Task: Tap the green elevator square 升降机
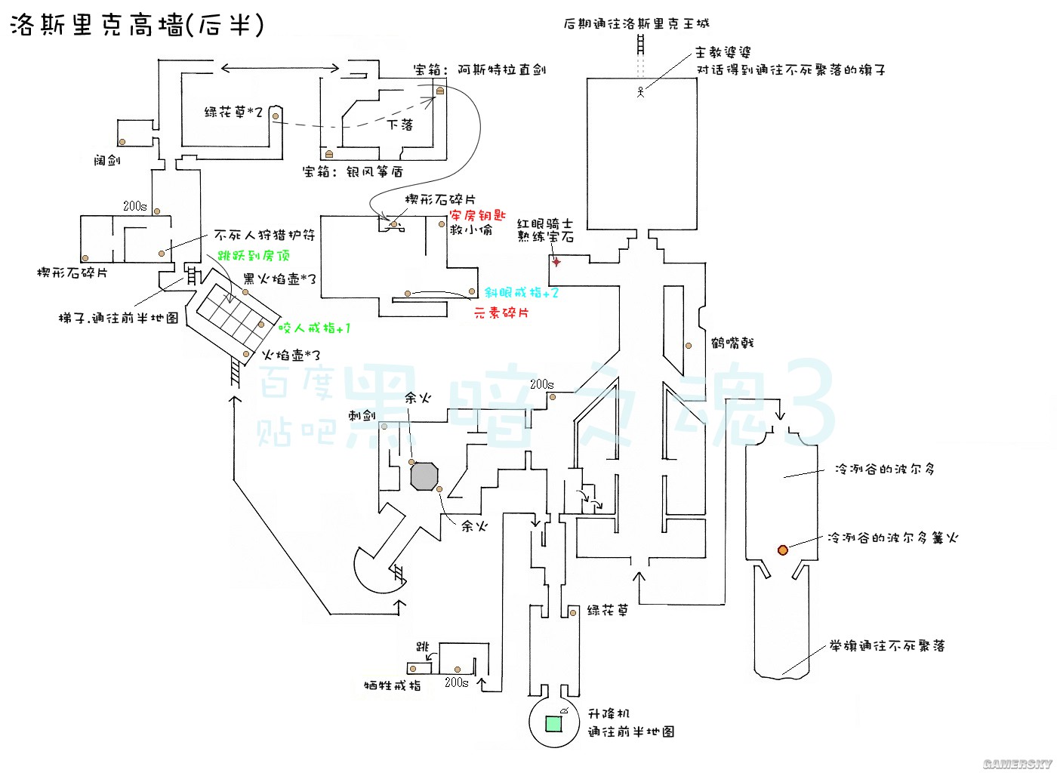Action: point(553,723)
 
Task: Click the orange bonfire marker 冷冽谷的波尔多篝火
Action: point(783,550)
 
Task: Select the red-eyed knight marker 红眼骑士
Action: point(556,262)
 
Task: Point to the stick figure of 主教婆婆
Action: point(640,93)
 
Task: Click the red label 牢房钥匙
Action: point(477,215)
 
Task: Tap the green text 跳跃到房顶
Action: point(254,256)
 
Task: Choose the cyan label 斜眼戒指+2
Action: point(522,293)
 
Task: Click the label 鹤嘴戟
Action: point(732,343)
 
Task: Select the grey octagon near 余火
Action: point(424,476)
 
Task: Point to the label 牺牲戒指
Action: point(392,685)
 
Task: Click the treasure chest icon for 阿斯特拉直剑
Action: point(439,91)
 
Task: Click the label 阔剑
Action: point(107,160)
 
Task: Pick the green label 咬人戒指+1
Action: point(314,328)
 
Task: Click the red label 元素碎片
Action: point(501,312)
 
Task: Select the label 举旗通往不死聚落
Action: point(886,646)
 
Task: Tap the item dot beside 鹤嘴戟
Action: point(689,346)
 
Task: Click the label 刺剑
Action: point(361,415)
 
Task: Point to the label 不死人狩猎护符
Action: point(264,236)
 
